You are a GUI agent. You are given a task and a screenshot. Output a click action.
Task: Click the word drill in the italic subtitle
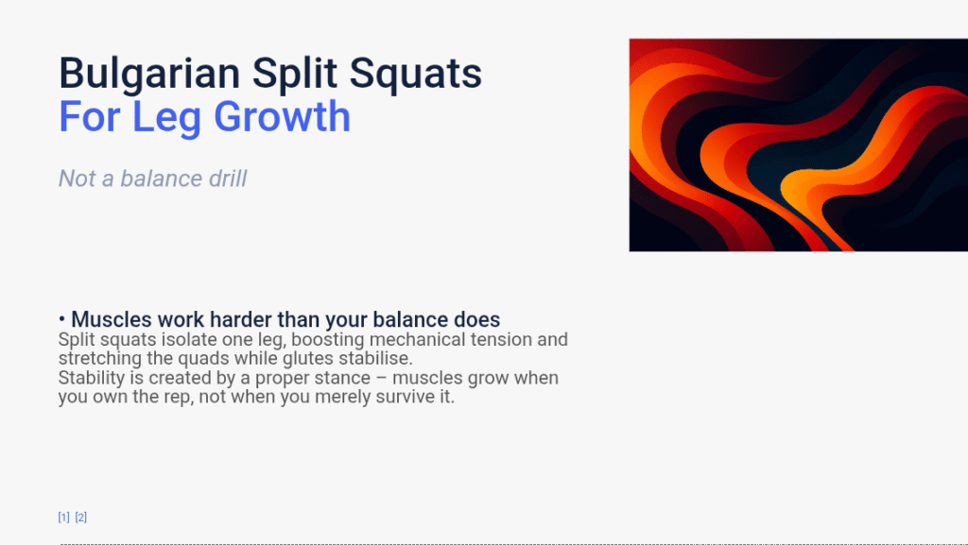[x=227, y=179]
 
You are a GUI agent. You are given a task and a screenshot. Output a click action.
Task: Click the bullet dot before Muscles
[x=61, y=319]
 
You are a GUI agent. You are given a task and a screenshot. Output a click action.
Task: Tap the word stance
[x=339, y=378]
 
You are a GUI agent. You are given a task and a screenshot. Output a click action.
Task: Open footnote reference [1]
[x=63, y=517]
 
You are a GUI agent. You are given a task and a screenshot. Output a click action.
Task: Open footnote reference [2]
[x=81, y=517]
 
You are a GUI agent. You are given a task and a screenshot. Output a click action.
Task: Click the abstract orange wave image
[x=798, y=145]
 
